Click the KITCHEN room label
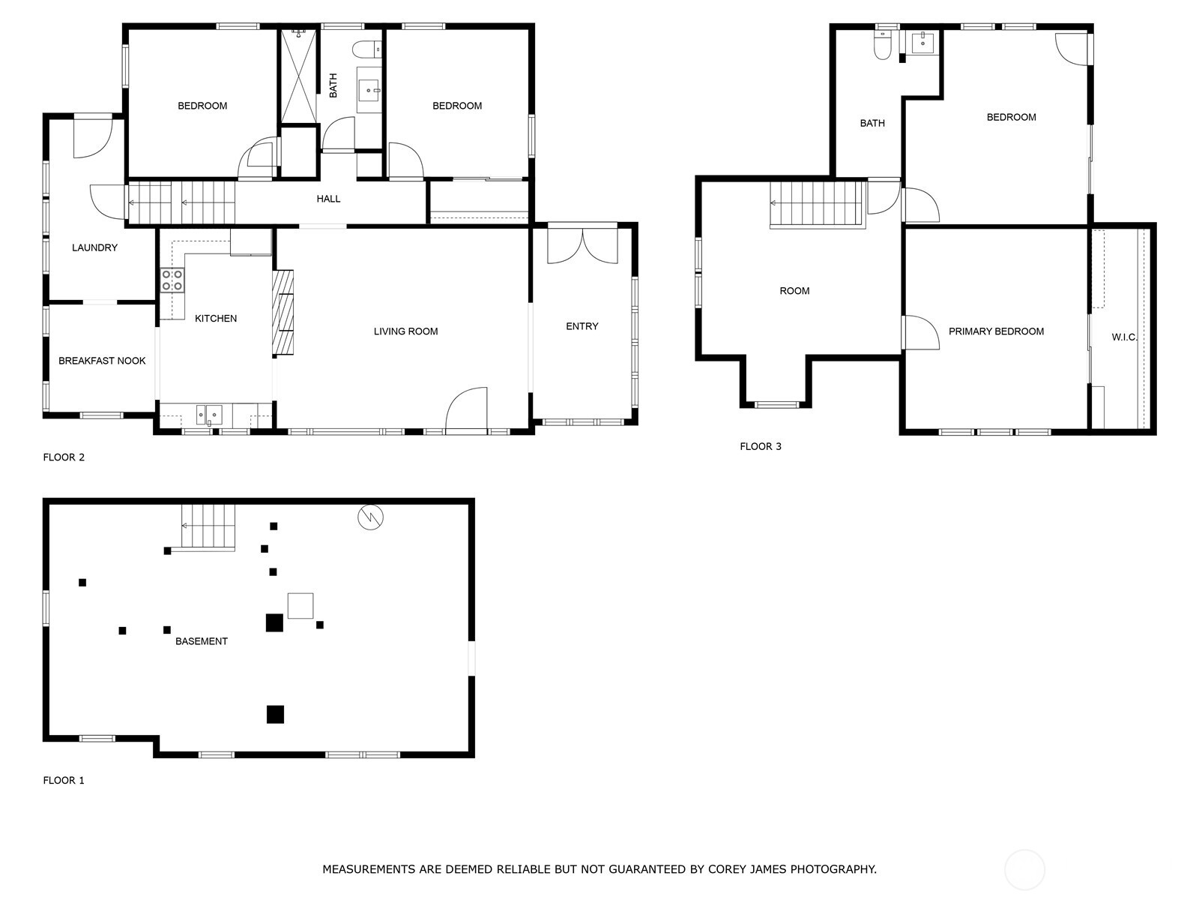(216, 319)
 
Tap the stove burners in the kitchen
(172, 280)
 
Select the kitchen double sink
(209, 414)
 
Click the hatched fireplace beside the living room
(283, 312)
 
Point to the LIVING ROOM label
(405, 331)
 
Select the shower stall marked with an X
(298, 76)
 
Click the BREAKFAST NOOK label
(102, 361)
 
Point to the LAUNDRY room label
(94, 247)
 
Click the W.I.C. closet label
(1124, 337)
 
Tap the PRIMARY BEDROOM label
(996, 331)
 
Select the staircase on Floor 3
(817, 203)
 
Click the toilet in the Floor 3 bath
(883, 46)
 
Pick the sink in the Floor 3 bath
(922, 42)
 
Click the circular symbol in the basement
(370, 517)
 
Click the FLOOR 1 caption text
(64, 780)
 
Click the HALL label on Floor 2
(328, 199)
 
